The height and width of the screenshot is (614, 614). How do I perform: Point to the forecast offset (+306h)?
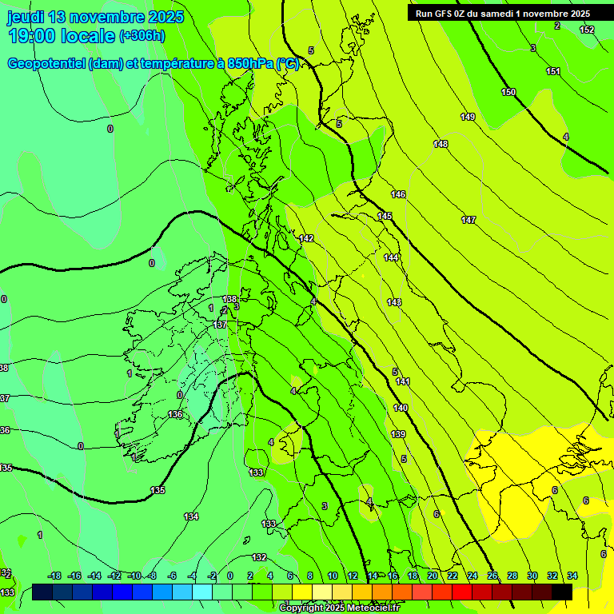pos(142,36)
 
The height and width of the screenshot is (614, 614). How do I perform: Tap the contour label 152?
pos(587,30)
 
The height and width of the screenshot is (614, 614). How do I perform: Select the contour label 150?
pos(508,93)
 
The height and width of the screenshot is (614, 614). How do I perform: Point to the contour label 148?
pos(441,144)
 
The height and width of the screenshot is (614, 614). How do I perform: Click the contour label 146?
pos(398,195)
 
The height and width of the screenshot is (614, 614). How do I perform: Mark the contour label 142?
pos(306,239)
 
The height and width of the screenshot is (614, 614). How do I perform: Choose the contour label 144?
pos(391,257)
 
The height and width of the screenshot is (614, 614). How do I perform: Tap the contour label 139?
pos(398,434)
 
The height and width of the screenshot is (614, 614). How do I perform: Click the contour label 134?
pos(191,517)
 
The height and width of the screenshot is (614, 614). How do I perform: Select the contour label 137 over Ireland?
pos(221,325)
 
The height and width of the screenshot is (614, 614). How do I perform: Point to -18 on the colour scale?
pos(54,576)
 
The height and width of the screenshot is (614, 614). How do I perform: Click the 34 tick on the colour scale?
pos(572,576)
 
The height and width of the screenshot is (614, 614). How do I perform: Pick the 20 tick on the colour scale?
pos(433,576)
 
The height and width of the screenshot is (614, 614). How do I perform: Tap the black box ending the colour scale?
pos(562,592)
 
